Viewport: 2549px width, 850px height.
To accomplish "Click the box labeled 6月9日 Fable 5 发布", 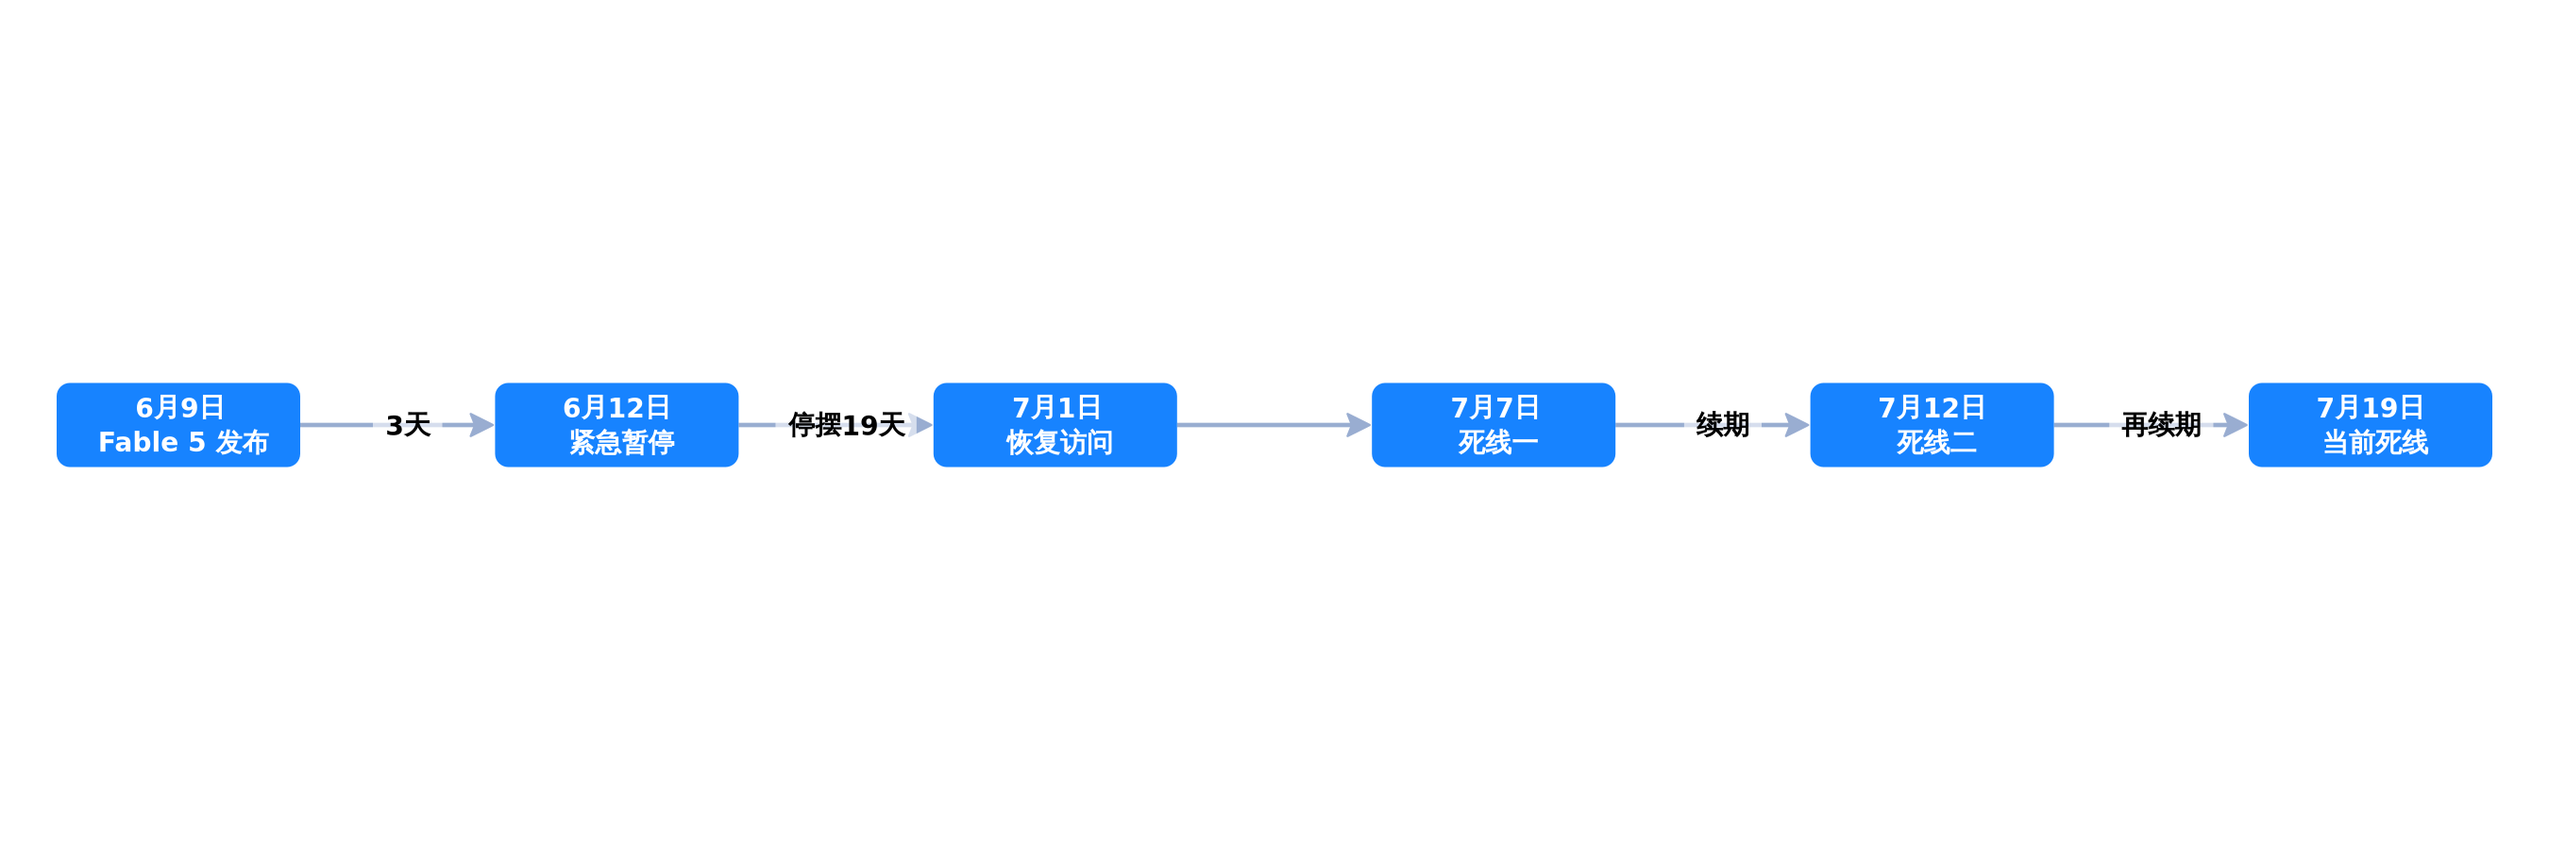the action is tap(178, 424).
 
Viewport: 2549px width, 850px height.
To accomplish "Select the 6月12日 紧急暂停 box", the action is tap(616, 424).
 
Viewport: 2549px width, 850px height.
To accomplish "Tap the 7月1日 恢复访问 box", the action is tap(1055, 424).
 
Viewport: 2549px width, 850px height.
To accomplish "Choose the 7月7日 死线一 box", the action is tap(1494, 424).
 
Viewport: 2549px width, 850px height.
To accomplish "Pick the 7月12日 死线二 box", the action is tap(1932, 424).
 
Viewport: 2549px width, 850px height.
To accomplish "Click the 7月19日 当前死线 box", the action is tap(2370, 424).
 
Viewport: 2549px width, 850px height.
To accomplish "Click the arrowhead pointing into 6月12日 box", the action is tap(481, 424).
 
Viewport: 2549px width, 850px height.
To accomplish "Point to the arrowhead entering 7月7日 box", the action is tap(1359, 424).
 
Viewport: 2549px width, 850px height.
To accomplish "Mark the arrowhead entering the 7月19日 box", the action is tap(2236, 424).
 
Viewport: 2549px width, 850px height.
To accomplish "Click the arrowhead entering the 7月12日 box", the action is tap(1797, 424).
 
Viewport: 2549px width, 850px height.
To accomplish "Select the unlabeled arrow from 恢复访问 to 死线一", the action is tap(1274, 424).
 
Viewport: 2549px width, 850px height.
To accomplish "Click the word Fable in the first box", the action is tap(138, 442).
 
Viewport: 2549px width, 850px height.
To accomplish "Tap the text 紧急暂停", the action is tap(621, 442).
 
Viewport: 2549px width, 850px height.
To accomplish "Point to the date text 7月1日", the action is tap(1056, 408).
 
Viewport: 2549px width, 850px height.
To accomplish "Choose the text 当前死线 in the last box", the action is tap(2375, 442).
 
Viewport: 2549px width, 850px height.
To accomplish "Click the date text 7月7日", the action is tap(1495, 408).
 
